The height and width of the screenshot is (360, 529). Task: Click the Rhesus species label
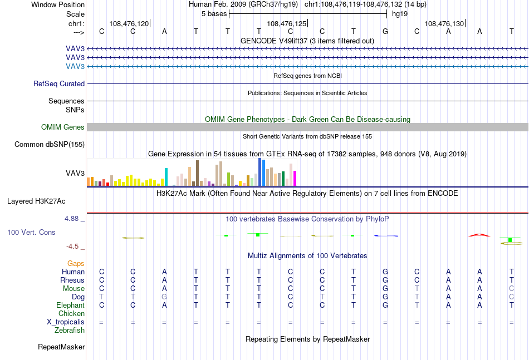(x=72, y=280)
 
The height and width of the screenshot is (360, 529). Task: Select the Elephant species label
(x=70, y=305)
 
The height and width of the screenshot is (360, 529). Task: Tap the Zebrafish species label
(x=70, y=331)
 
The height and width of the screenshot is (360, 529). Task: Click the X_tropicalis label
(x=66, y=322)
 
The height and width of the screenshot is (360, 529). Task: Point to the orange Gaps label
(x=76, y=264)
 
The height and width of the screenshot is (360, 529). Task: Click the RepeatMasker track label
(x=61, y=347)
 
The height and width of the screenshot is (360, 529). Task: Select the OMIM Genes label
(x=63, y=127)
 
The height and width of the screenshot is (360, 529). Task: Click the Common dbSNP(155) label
(x=50, y=144)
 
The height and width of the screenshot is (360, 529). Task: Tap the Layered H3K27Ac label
(x=36, y=201)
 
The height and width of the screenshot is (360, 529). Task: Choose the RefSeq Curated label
(x=59, y=83)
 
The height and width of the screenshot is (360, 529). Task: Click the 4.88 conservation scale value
(x=71, y=219)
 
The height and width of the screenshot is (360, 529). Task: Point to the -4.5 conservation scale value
(x=72, y=246)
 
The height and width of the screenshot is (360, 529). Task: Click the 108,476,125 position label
(x=286, y=23)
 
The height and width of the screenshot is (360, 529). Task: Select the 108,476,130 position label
(x=444, y=23)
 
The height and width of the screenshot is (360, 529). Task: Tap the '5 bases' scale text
(x=214, y=14)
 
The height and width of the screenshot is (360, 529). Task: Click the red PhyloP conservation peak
(x=479, y=235)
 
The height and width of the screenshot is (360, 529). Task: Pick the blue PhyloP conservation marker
(x=386, y=235)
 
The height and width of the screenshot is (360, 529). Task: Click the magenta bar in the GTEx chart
(x=295, y=178)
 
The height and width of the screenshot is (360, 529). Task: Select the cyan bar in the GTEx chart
(x=166, y=177)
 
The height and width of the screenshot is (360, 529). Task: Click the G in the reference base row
(x=385, y=31)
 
